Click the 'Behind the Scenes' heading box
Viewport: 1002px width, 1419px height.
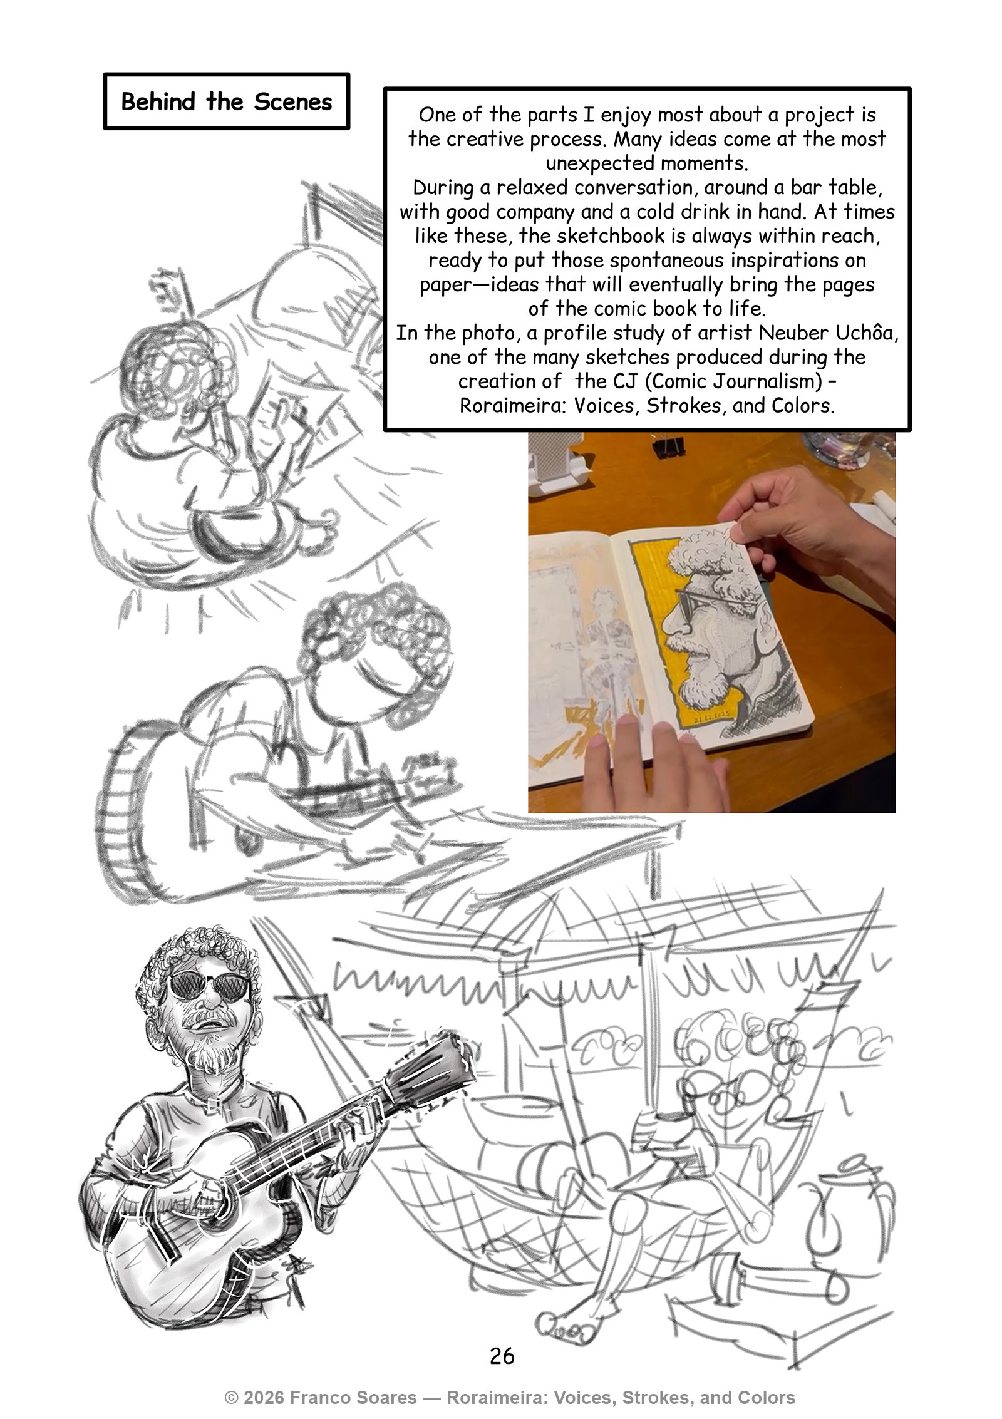tap(226, 101)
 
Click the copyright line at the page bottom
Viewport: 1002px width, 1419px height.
tap(510, 1398)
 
